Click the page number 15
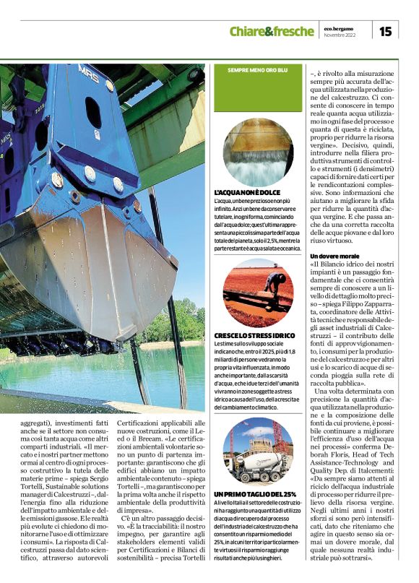pos(386,30)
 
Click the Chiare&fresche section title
pos(271,31)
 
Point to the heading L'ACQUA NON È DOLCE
pos(246,193)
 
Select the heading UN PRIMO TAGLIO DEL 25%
pos(255,493)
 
